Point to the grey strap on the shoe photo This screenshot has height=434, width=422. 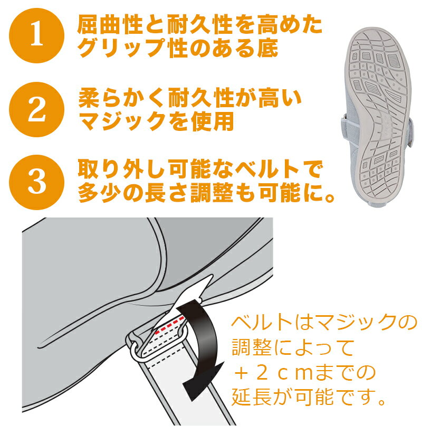(345, 119)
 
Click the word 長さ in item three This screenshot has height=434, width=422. (167, 195)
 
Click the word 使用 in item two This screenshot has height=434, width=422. (216, 122)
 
